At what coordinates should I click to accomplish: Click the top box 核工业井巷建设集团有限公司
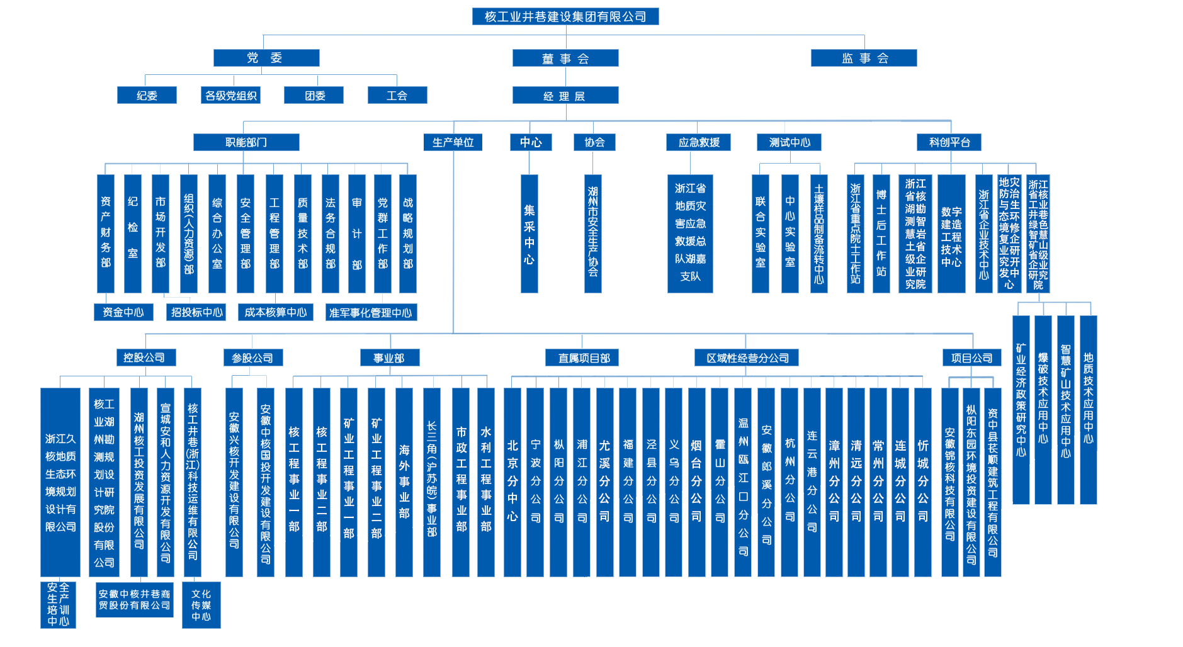[565, 16]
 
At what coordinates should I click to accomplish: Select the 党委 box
[266, 58]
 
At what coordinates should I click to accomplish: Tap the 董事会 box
[565, 59]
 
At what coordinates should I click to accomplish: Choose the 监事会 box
[863, 58]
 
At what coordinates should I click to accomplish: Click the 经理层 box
[565, 96]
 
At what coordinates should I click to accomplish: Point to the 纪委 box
[147, 96]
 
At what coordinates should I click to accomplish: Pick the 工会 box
[397, 96]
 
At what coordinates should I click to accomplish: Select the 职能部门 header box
[246, 142]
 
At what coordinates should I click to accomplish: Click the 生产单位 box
[453, 142]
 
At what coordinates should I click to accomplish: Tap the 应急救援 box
[698, 142]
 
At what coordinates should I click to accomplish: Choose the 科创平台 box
[949, 142]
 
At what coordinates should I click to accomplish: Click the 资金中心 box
[123, 312]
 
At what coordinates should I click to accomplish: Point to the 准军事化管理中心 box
[371, 313]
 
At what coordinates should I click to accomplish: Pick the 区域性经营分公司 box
[747, 358]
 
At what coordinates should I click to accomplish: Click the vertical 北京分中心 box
[512, 481]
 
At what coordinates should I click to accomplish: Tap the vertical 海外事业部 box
[404, 481]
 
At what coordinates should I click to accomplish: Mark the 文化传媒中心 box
[201, 605]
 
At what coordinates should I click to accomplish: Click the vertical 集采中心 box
[529, 233]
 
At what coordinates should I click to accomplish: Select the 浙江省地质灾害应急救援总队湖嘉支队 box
[690, 233]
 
